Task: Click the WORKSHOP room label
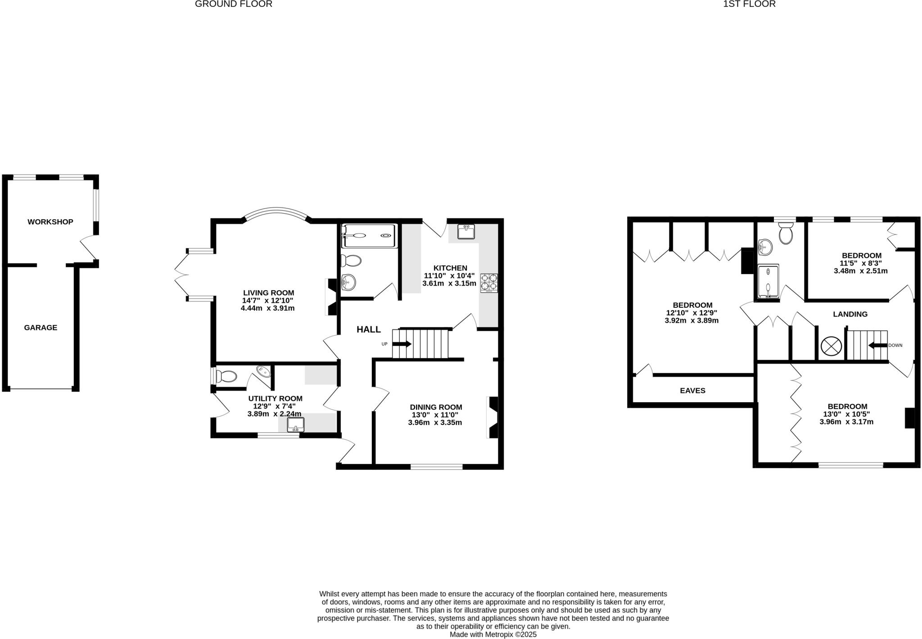point(50,222)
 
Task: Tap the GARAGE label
point(41,328)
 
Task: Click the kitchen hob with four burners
point(489,283)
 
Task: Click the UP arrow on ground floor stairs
point(402,344)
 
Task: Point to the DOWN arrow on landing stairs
point(877,346)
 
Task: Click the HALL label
point(369,329)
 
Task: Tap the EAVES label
point(692,391)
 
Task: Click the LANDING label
point(850,314)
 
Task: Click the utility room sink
point(296,424)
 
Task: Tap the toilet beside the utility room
point(226,376)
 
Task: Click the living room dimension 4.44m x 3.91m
point(267,308)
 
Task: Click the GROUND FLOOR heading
point(233,4)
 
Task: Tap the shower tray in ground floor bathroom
point(370,235)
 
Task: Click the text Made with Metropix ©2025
point(493,634)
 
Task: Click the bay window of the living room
point(276,211)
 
